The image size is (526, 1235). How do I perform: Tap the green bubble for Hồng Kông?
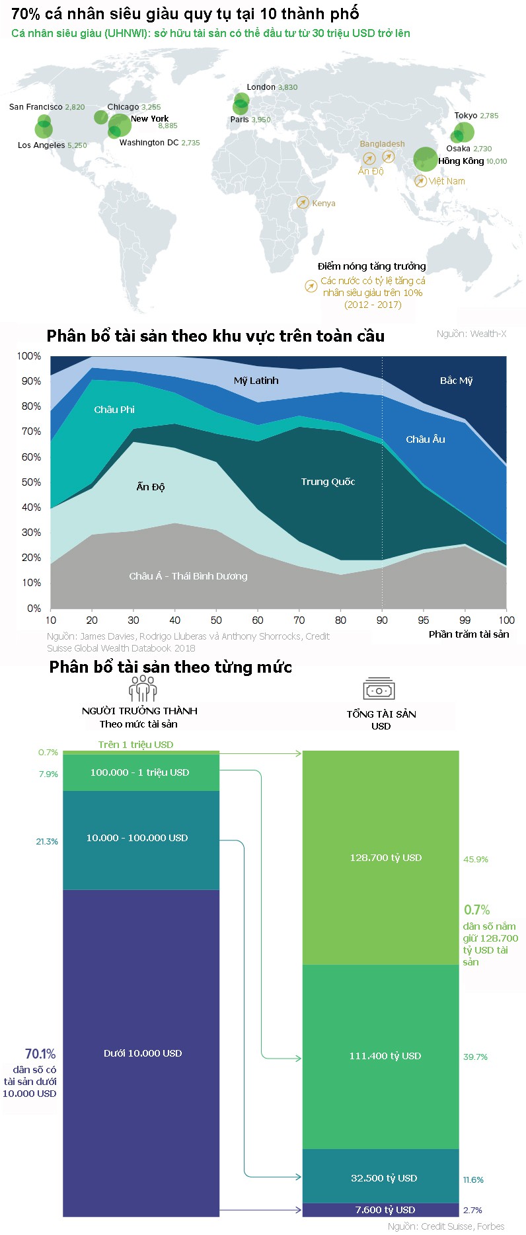click(425, 159)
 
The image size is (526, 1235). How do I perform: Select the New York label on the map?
click(149, 119)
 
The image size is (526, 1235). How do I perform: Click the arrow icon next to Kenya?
click(303, 203)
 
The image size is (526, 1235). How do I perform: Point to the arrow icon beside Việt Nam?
click(420, 181)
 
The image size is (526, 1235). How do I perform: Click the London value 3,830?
click(287, 87)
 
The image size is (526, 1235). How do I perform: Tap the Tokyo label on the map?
click(465, 116)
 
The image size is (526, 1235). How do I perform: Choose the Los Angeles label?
click(41, 145)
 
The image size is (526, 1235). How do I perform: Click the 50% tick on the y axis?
click(31, 482)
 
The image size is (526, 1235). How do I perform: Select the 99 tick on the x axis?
click(465, 620)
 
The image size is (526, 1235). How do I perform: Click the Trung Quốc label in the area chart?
click(328, 482)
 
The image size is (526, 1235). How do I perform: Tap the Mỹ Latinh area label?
click(256, 381)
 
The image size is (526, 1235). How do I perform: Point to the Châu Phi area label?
click(114, 410)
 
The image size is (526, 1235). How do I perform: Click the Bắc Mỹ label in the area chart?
click(456, 381)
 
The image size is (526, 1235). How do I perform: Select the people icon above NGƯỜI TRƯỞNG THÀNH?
click(142, 689)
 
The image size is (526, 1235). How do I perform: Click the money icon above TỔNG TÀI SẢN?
click(379, 689)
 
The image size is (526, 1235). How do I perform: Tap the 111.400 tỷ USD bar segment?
click(381, 1056)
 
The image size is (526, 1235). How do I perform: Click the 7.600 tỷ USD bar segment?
click(381, 1210)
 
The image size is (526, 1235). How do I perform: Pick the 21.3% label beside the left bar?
click(47, 842)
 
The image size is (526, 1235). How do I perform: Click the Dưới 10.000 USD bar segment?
click(141, 1053)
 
